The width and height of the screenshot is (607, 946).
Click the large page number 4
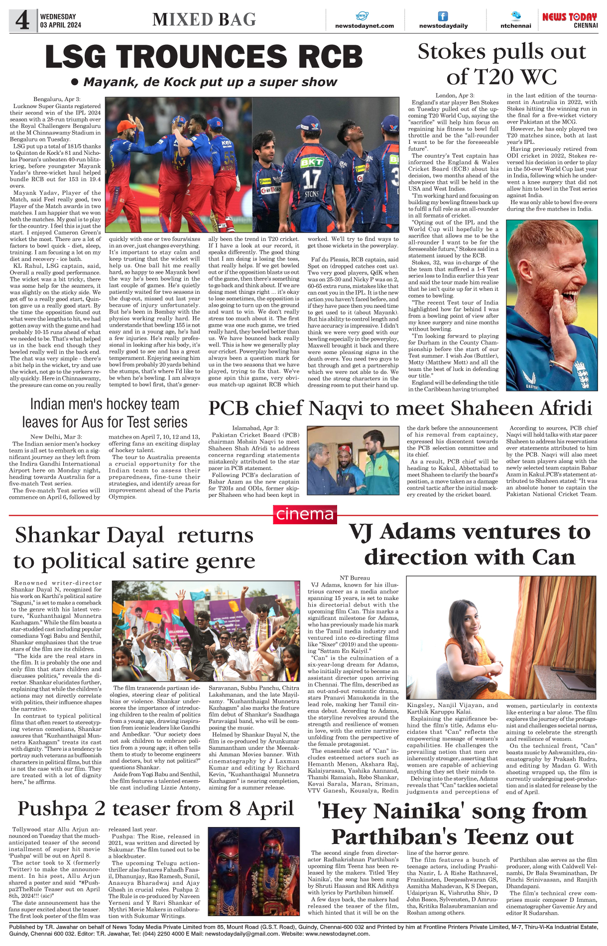(22, 20)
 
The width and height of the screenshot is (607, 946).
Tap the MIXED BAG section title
(204, 19)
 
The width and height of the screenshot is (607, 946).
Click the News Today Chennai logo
(570, 20)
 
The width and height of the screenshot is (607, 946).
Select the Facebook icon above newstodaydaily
(443, 16)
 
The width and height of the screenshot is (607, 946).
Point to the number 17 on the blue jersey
(312, 179)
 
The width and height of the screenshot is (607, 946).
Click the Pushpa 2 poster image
(253, 871)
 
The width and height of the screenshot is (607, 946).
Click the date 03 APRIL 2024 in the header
(60, 25)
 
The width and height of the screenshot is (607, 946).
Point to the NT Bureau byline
(355, 578)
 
